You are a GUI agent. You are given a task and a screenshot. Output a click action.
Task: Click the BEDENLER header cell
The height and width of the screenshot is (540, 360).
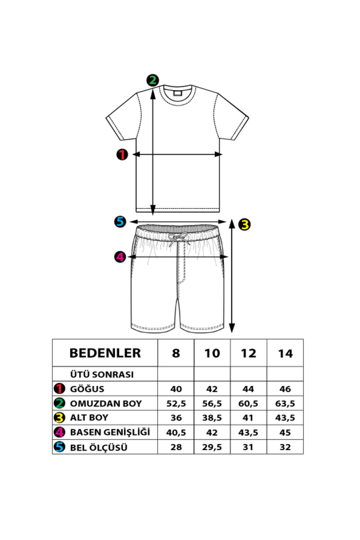[105, 353]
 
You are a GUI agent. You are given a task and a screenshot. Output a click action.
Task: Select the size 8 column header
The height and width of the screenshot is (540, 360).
[176, 353]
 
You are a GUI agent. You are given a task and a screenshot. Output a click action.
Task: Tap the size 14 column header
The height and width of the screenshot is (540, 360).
[285, 353]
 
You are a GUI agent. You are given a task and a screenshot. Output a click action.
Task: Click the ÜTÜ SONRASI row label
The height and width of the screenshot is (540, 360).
[102, 374]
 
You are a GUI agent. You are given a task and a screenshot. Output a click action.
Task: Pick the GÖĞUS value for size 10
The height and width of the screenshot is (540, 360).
[212, 389]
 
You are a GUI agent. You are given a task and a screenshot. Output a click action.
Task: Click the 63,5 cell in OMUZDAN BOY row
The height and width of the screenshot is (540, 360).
[285, 403]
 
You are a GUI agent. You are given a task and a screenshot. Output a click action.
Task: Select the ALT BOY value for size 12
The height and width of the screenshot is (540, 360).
[248, 418]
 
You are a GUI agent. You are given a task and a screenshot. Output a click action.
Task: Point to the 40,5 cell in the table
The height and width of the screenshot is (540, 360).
[176, 432]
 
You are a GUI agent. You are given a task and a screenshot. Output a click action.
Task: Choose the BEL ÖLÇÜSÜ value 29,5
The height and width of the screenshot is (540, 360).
[212, 447]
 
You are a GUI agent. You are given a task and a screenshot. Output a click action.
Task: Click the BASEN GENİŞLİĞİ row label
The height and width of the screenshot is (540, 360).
[110, 432]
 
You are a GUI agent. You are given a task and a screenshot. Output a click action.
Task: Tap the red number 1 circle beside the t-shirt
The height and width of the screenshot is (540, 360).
[122, 155]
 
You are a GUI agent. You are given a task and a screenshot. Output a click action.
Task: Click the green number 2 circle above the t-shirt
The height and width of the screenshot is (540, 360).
[153, 80]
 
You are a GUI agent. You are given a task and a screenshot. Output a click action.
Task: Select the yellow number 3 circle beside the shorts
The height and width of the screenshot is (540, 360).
[245, 224]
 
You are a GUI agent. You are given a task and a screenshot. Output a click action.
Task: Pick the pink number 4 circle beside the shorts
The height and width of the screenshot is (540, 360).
[120, 257]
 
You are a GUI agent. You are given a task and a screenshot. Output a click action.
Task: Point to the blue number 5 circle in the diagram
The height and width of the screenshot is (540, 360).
[120, 222]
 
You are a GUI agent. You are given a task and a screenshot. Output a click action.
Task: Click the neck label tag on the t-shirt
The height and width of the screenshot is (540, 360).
[178, 92]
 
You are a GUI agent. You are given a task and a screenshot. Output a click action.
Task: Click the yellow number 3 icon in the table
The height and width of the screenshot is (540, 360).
[59, 418]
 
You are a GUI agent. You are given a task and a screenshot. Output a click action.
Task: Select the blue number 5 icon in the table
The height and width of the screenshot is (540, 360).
[59, 447]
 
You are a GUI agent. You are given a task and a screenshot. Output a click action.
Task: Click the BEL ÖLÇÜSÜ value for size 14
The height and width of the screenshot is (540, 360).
[285, 447]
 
